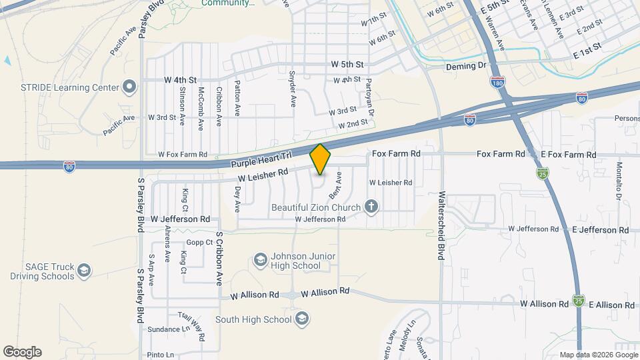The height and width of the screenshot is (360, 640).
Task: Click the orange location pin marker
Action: pos(320,159)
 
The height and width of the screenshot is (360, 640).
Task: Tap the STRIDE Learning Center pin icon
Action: pos(129,87)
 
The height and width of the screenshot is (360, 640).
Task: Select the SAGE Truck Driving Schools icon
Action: pos(84,270)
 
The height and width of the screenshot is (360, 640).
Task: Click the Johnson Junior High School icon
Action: pos(260,259)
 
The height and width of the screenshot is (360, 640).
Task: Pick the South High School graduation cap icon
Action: pos(302,318)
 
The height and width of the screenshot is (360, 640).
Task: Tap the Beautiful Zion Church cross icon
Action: pos(372,207)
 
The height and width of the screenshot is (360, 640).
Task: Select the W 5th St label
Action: pos(347,65)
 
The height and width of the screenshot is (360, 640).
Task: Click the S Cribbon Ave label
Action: pos(217,257)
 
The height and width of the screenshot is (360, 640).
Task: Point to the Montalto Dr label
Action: pos(619,181)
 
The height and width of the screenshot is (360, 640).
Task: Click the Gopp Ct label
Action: pos(199,242)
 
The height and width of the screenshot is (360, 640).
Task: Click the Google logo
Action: pos(22,351)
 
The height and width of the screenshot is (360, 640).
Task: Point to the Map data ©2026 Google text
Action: pos(597,355)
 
